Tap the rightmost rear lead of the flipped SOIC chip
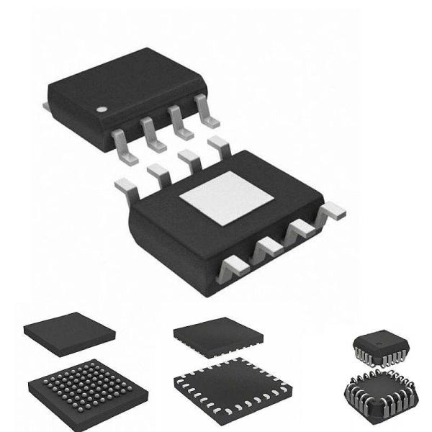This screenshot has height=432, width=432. [217, 146]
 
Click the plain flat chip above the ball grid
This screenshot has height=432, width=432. [69, 331]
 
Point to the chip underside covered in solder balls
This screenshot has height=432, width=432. [88, 392]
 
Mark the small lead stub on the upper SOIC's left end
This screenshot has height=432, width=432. [46, 107]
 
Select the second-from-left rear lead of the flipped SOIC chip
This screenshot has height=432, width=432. [157, 171]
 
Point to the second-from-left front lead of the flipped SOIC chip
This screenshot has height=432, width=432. [266, 250]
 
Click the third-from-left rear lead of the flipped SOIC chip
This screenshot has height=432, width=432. [189, 158]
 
